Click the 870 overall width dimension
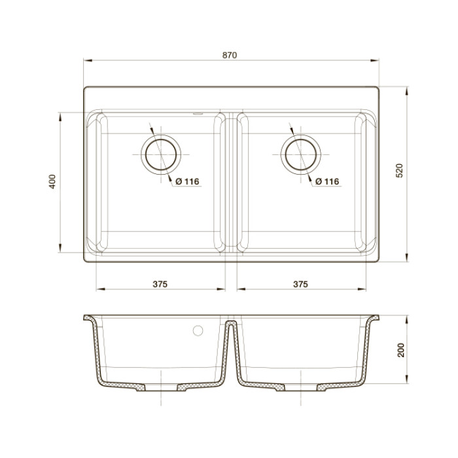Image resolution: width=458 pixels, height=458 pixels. click(x=229, y=56)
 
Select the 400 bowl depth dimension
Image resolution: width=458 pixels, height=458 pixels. click(x=52, y=182)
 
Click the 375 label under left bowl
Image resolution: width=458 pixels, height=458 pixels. click(x=160, y=284)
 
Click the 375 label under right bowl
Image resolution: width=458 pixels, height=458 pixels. click(x=300, y=284)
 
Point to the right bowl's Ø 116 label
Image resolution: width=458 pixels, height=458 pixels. click(x=326, y=181)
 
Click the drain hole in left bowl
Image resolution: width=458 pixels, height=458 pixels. click(x=161, y=154)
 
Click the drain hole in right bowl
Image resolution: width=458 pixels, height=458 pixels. click(x=300, y=154)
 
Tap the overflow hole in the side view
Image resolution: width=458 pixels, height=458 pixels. click(x=196, y=330)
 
